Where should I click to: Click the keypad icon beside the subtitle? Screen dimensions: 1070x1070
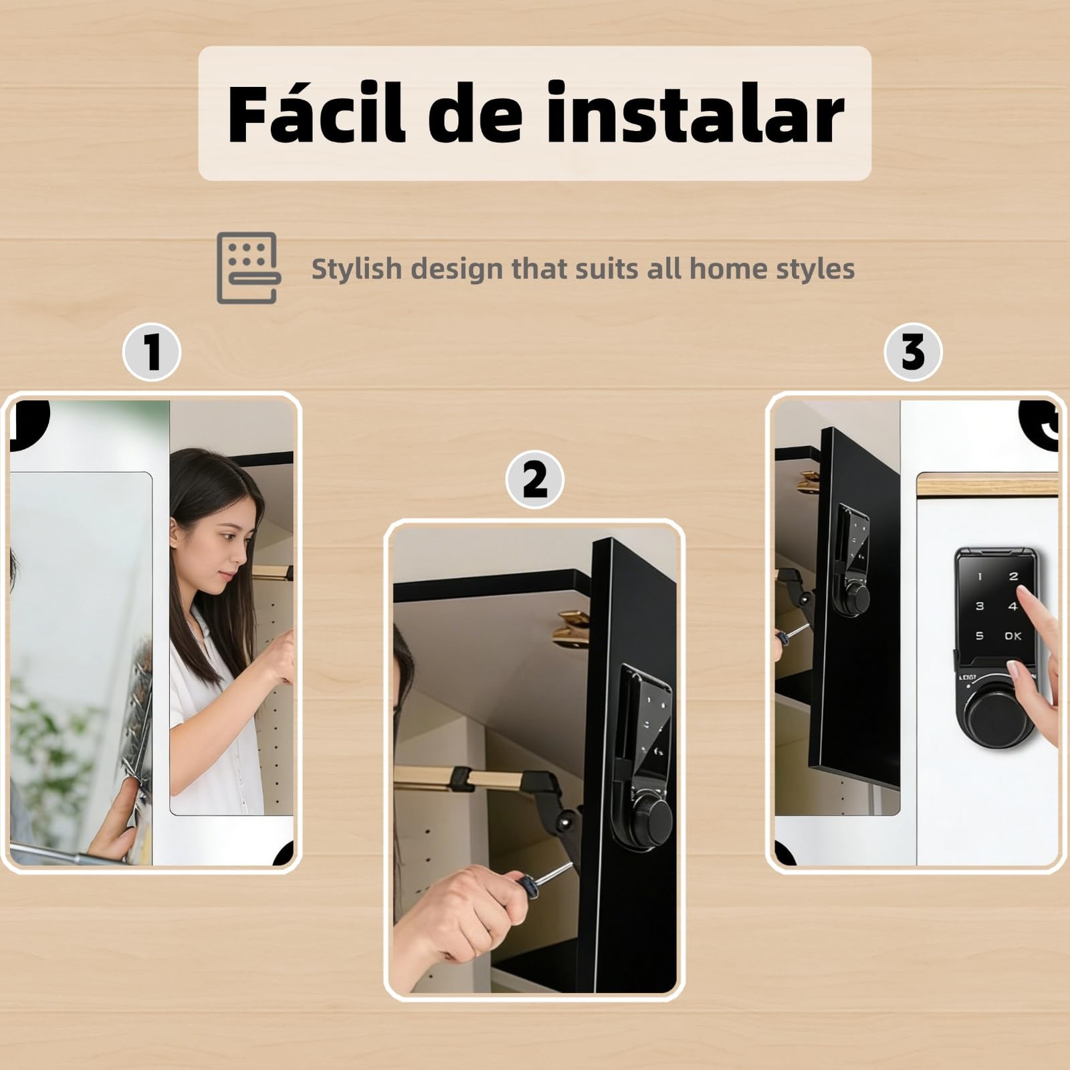(x=248, y=267)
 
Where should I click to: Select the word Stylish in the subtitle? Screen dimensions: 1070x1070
(x=356, y=269)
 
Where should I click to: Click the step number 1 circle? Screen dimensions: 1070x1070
(x=152, y=352)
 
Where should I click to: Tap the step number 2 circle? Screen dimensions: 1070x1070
(x=534, y=479)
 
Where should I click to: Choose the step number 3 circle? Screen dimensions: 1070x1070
(x=913, y=352)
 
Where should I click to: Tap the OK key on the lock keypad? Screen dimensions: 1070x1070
(x=1012, y=636)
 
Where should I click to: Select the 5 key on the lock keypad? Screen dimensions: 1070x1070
(x=980, y=636)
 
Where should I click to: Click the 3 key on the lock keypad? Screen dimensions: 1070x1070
(x=980, y=606)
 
